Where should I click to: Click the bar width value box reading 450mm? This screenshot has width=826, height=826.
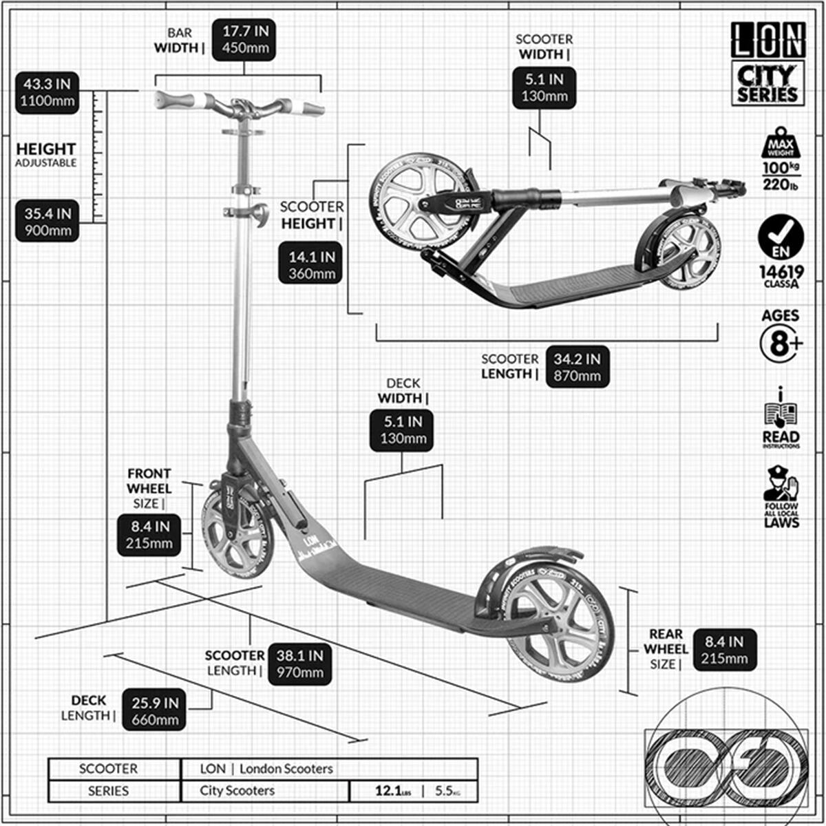point(244,40)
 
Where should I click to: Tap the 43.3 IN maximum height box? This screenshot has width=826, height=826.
point(47,93)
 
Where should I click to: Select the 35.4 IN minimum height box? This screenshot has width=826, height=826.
point(47,221)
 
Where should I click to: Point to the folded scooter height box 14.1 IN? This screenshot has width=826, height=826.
point(311,265)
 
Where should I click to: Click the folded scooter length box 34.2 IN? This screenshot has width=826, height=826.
point(577,367)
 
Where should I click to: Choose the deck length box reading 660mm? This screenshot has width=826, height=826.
point(154,711)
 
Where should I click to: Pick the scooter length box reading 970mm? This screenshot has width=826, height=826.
point(299,664)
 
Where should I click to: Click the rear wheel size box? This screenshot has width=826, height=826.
point(724,650)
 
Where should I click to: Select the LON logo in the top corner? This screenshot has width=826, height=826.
point(767,40)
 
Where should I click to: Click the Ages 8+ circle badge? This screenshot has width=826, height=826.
point(781,343)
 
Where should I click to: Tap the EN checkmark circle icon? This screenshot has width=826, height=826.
point(781,237)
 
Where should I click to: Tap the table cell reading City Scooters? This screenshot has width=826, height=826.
point(265,791)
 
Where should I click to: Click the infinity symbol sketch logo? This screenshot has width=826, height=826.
point(730,763)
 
